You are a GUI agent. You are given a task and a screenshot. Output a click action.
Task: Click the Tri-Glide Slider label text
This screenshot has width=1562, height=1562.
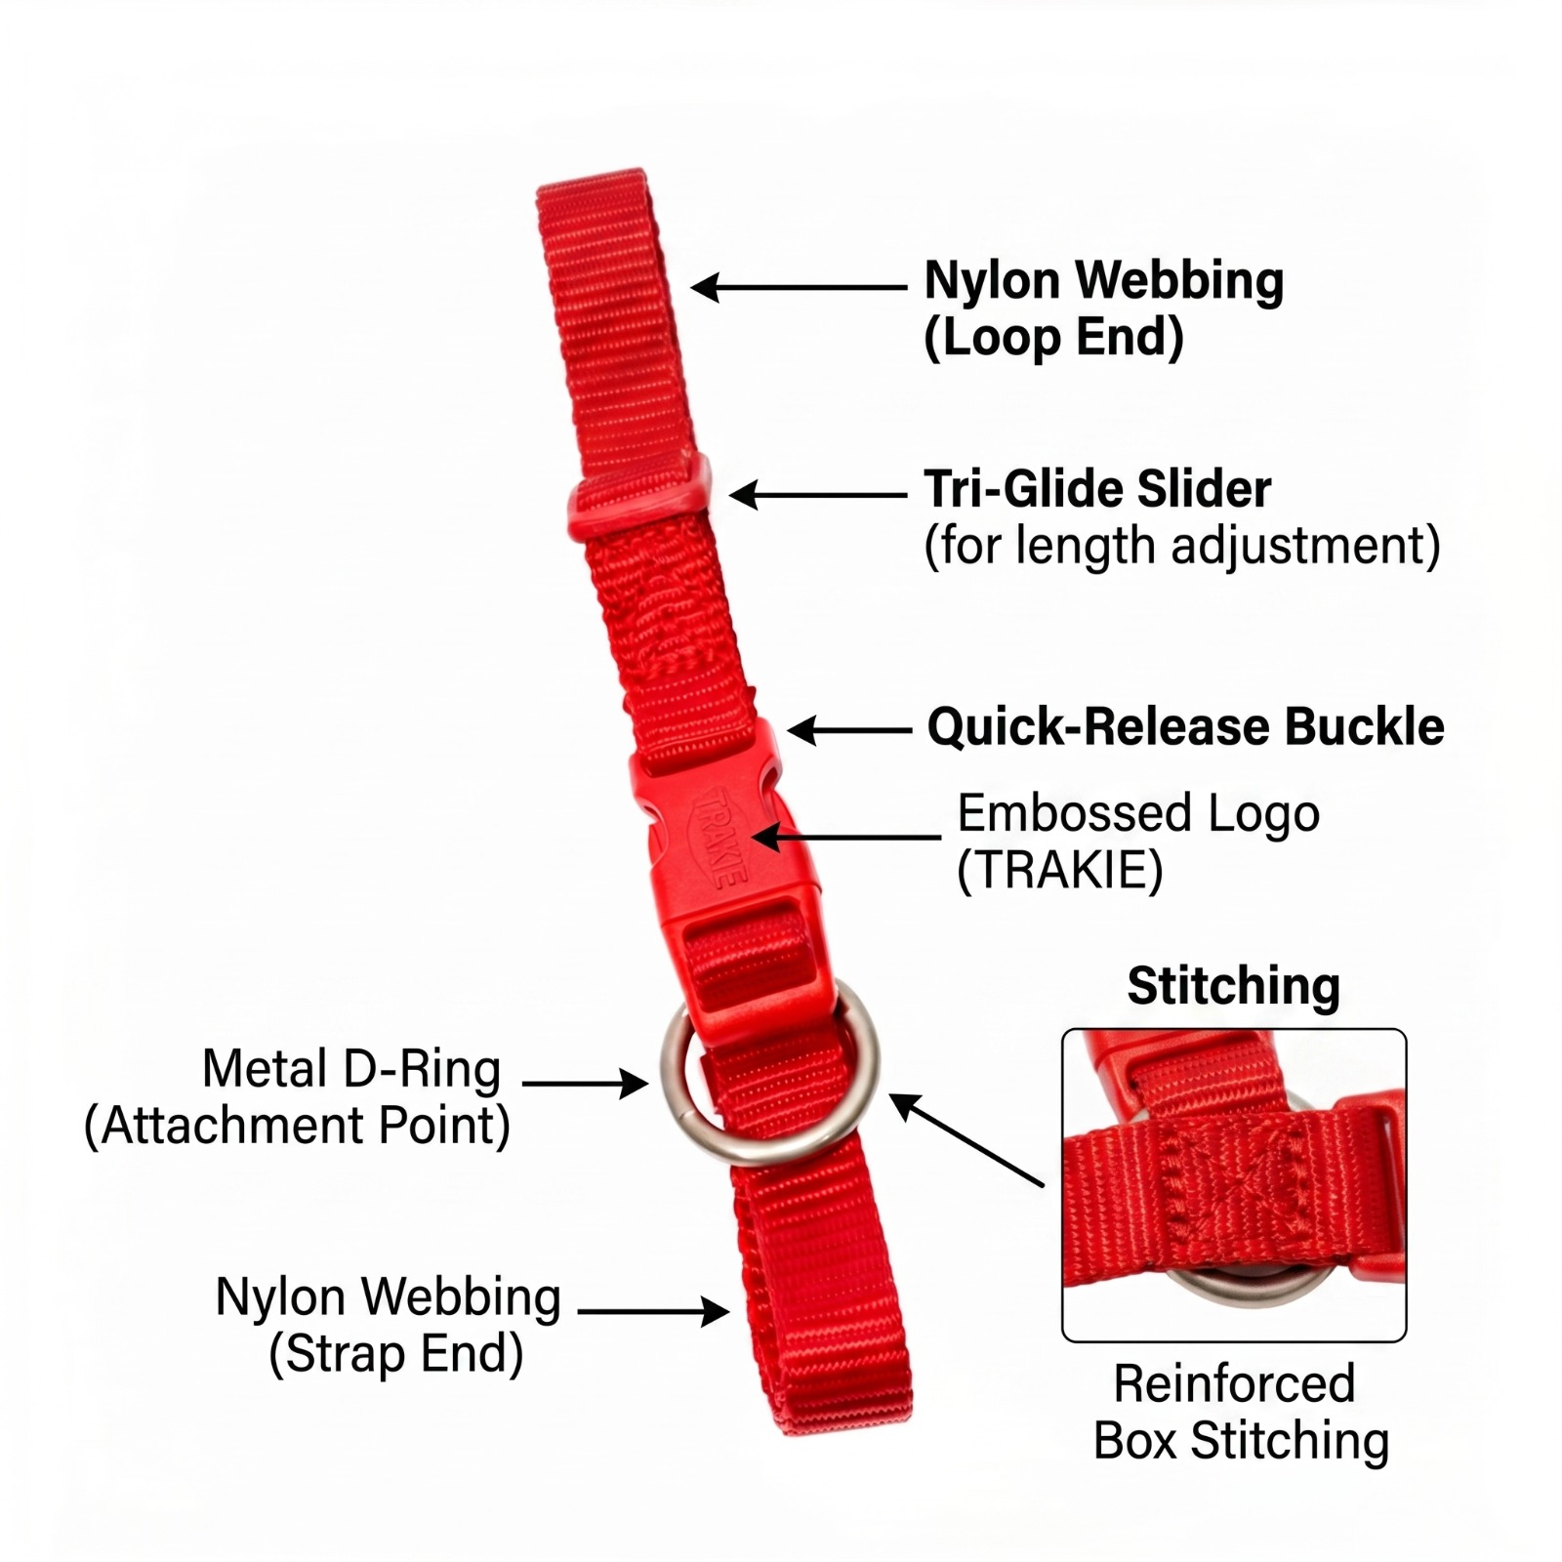[1097, 489]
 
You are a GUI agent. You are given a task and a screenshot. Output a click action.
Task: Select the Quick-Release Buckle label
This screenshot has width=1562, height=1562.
[1185, 727]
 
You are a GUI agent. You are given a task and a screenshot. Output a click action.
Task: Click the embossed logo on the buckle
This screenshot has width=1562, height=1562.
[720, 837]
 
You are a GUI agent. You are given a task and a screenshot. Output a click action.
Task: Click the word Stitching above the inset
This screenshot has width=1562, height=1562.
[1233, 986]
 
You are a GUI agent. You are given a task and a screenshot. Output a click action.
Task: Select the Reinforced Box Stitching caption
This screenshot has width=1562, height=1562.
[1241, 1412]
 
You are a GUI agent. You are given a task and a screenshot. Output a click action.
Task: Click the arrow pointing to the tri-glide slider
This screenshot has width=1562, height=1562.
[818, 495]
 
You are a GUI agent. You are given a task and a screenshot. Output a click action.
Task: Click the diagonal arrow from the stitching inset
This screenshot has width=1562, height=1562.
[966, 1139]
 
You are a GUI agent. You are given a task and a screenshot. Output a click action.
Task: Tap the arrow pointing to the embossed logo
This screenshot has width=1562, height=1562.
[845, 837]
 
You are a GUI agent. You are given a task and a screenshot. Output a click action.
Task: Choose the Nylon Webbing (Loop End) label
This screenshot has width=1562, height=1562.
[1103, 308]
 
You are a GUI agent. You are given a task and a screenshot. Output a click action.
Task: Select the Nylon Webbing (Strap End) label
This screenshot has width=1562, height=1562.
[389, 1325]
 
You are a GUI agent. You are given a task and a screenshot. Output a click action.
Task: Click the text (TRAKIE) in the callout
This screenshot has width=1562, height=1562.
[1060, 871]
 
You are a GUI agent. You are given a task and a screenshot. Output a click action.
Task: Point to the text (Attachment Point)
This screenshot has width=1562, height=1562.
[298, 1126]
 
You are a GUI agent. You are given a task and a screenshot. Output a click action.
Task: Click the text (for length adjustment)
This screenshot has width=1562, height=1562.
[1182, 546]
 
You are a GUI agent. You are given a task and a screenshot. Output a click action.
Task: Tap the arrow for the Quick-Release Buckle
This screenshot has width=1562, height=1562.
[849, 730]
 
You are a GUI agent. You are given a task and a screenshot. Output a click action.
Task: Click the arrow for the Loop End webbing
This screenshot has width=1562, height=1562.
[799, 287]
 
